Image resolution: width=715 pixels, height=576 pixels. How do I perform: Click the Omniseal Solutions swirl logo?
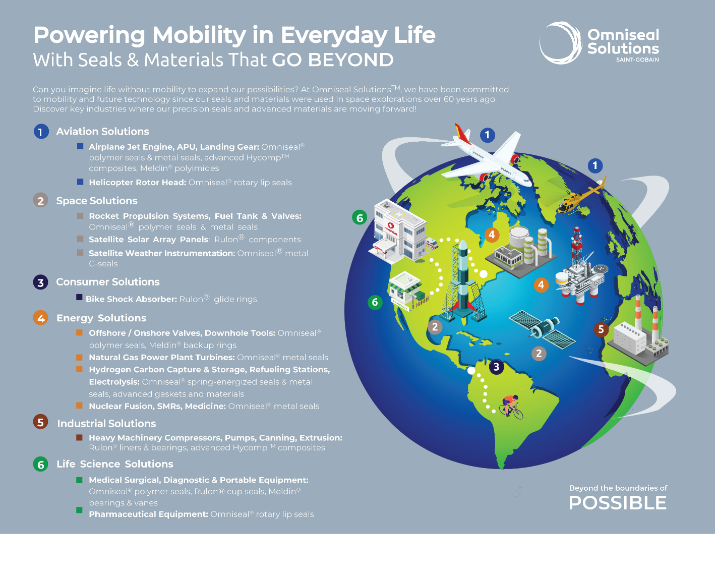pyautogui.click(x=561, y=43)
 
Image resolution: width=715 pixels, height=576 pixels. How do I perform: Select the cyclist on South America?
pyautogui.click(x=511, y=407)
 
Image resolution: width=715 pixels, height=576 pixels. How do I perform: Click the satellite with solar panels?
pyautogui.click(x=542, y=329)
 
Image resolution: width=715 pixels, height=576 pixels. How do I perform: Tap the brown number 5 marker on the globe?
pyautogui.click(x=601, y=329)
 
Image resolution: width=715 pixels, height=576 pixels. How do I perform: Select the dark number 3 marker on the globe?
pyautogui.click(x=496, y=367)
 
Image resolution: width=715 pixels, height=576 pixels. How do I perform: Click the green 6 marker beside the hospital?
pyautogui.click(x=360, y=218)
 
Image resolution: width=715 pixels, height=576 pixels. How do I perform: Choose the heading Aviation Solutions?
pyautogui.click(x=103, y=131)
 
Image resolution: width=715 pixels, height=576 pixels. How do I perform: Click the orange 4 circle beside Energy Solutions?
pyautogui.click(x=41, y=318)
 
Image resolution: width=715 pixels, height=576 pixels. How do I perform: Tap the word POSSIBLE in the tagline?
pyautogui.click(x=618, y=502)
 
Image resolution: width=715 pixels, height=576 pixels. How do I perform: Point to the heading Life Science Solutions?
pyautogui.click(x=115, y=464)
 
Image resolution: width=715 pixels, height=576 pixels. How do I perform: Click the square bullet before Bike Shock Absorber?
pyautogui.click(x=79, y=297)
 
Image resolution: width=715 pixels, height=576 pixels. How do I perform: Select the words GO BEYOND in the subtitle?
pyautogui.click(x=333, y=60)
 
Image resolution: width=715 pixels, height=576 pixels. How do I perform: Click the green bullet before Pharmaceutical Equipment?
pyautogui.click(x=79, y=510)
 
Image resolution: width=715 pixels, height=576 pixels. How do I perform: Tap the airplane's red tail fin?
pyautogui.click(x=462, y=133)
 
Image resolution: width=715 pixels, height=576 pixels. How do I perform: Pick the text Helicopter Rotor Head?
pyautogui.click(x=137, y=183)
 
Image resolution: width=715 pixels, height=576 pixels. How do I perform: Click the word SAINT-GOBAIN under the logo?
pyautogui.click(x=637, y=60)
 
